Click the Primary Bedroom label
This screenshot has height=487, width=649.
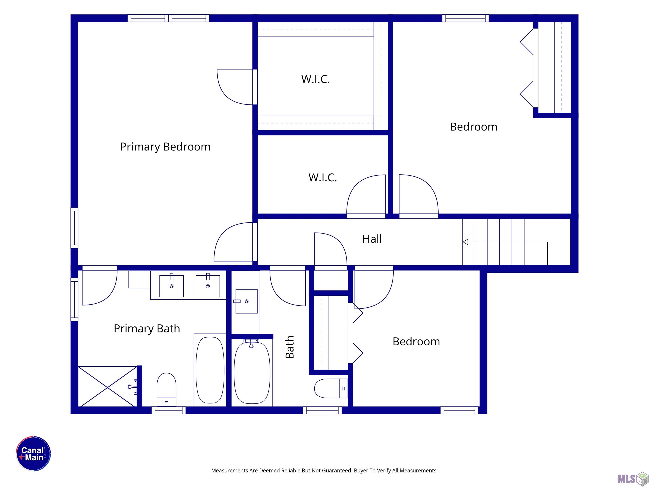click(x=165, y=147)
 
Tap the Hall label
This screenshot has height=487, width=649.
click(x=372, y=239)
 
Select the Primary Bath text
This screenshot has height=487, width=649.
click(x=147, y=328)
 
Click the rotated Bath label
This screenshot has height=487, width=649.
click(x=290, y=347)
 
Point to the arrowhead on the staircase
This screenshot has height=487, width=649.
click(x=465, y=242)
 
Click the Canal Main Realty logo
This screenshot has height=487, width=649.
click(x=33, y=454)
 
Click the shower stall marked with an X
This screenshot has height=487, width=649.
click(x=108, y=386)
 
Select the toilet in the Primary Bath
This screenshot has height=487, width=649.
click(x=166, y=390)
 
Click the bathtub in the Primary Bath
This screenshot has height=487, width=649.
click(x=210, y=370)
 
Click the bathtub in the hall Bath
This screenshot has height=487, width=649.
click(x=252, y=372)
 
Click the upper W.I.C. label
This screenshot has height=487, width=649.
click(x=315, y=79)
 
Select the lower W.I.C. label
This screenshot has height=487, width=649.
click(x=322, y=178)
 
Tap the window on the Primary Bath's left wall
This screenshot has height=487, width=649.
click(x=75, y=300)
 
